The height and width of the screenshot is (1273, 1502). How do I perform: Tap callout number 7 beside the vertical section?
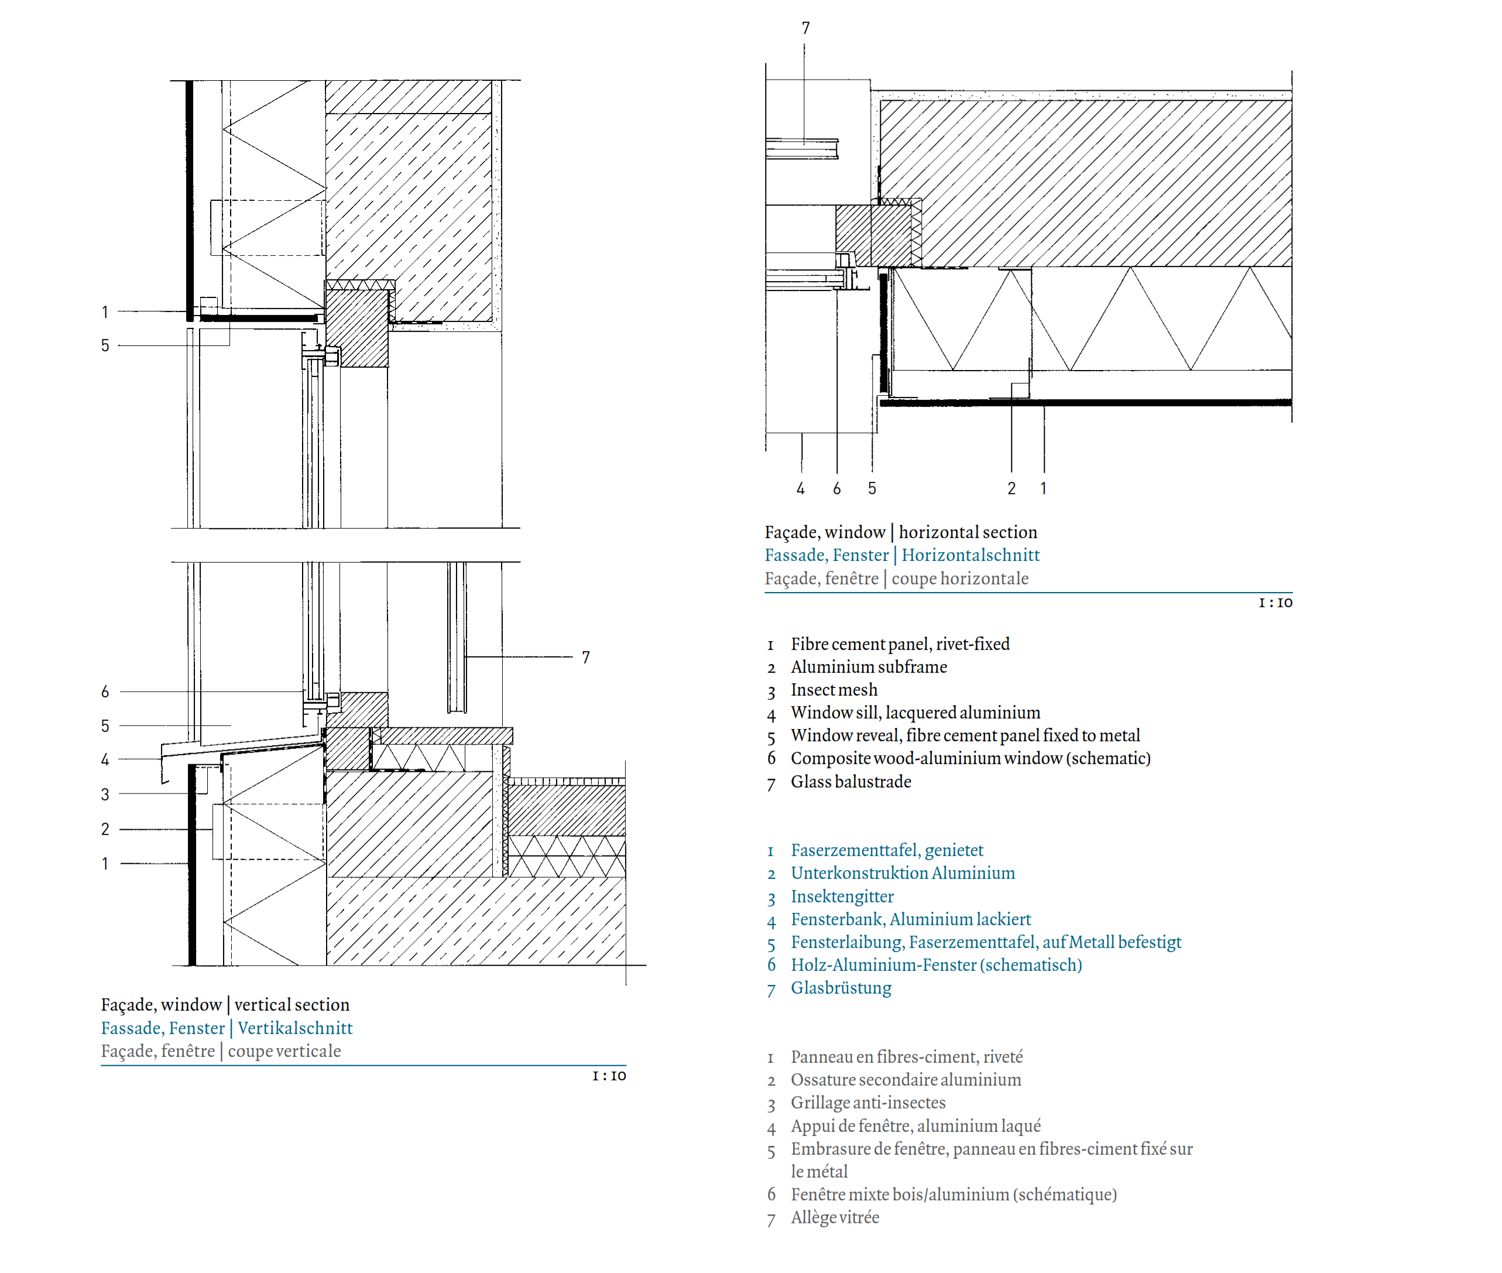[586, 658]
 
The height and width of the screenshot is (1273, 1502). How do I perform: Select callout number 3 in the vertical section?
[105, 795]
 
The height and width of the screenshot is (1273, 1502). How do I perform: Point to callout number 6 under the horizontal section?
[837, 488]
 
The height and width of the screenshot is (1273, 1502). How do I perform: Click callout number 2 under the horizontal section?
[1011, 488]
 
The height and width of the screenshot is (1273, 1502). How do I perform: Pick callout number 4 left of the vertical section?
[105, 759]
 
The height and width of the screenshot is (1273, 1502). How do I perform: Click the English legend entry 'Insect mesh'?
[834, 690]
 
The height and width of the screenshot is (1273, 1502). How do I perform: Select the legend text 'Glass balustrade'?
[851, 782]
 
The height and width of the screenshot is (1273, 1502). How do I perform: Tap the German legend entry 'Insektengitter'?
[842, 896]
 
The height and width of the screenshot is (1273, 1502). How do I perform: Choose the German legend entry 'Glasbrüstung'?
[841, 988]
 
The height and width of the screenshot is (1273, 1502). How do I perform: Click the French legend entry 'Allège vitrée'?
[835, 1217]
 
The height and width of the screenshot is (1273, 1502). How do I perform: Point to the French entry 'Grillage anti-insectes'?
[868, 1103]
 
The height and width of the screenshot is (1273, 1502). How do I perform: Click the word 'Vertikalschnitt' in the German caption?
[295, 1028]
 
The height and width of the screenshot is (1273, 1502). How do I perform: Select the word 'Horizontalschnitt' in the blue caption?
[971, 555]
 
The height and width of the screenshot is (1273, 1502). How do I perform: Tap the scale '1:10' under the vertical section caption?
[609, 1076]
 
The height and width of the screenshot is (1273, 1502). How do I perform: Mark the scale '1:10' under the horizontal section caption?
[1275, 603]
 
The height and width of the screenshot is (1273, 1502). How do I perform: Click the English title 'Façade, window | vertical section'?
[225, 1005]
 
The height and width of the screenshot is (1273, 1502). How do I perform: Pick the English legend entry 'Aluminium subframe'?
[869, 667]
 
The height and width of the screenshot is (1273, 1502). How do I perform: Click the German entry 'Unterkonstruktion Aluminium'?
[903, 873]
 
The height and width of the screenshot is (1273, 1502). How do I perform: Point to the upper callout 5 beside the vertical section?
[105, 345]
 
